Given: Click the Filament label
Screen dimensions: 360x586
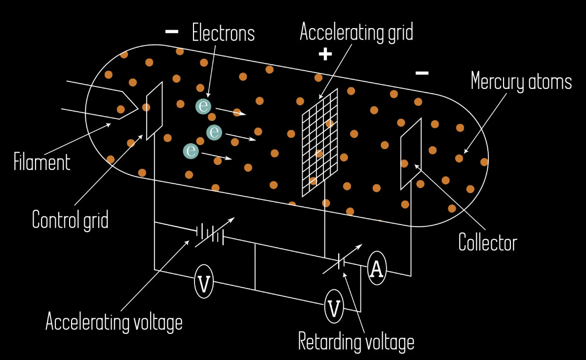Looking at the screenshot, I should [x=42, y=162].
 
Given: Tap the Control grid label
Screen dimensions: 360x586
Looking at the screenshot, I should [x=70, y=220].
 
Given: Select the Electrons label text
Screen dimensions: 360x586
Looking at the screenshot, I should [x=223, y=34].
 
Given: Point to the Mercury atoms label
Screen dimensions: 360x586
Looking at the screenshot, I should [x=521, y=81].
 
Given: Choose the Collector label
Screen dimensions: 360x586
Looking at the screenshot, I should [x=487, y=243].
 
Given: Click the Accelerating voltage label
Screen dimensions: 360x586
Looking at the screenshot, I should [x=114, y=322].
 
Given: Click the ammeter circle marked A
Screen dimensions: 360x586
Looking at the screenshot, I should [x=377, y=269].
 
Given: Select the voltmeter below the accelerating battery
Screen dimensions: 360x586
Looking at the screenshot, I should [x=203, y=283].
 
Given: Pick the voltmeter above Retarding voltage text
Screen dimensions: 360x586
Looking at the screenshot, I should [x=334, y=308].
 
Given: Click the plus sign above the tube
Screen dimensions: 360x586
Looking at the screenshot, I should [x=325, y=54].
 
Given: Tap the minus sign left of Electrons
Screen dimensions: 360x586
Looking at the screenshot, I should [x=171, y=32].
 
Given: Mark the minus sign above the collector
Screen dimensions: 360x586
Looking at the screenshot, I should [x=422, y=73].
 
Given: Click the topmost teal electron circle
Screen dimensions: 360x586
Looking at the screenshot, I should [x=203, y=106].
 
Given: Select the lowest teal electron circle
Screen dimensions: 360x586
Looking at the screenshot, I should [x=190, y=151].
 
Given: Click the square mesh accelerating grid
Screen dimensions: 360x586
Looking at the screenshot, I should [x=320, y=142].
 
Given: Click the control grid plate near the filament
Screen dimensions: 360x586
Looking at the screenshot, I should [x=154, y=111].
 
